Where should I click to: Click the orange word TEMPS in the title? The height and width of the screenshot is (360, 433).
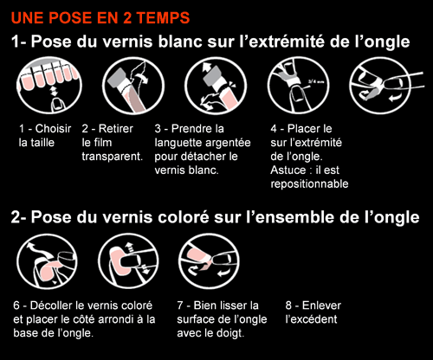(163, 18)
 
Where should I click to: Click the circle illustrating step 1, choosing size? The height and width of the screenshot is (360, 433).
(49, 86)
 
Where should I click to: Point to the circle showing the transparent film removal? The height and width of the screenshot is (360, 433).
(133, 86)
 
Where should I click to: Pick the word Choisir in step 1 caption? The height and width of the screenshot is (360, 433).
(53, 129)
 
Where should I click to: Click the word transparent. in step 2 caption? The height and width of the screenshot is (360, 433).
(113, 157)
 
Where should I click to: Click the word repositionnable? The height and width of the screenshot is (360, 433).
(309, 184)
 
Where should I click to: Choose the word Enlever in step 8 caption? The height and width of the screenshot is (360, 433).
(321, 305)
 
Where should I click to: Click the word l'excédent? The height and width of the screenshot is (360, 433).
(311, 319)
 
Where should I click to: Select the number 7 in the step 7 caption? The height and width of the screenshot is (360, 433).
(180, 305)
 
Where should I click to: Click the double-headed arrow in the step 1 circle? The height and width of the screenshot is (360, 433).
(54, 92)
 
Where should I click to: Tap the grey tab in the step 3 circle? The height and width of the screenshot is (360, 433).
(214, 76)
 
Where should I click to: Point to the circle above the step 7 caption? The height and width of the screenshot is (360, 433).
(209, 261)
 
